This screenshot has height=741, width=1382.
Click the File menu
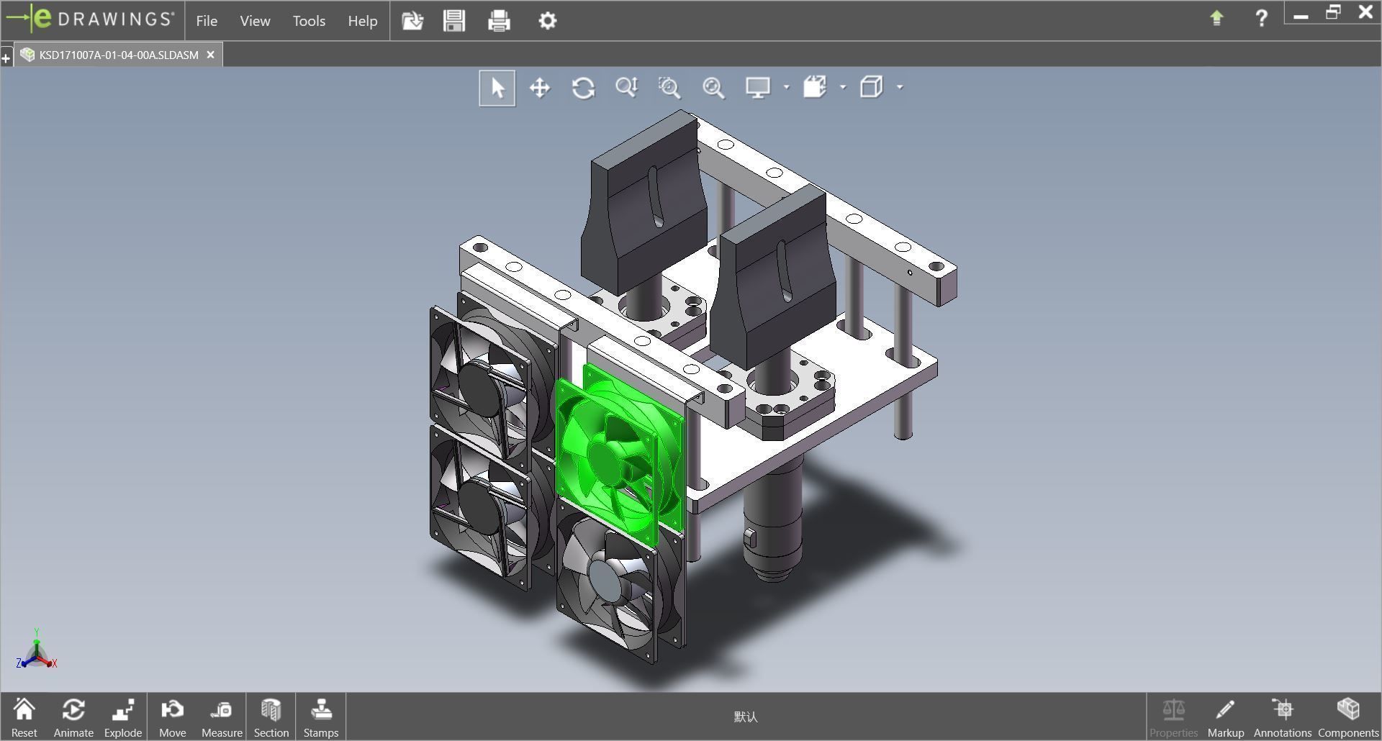tap(207, 21)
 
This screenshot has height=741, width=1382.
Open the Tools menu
tap(309, 21)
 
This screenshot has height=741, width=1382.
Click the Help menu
tap(362, 21)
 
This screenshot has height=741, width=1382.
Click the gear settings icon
tap(547, 21)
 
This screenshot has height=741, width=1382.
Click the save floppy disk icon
tap(454, 21)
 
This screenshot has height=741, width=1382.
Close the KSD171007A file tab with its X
tap(210, 55)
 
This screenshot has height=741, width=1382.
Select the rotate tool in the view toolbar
tap(583, 88)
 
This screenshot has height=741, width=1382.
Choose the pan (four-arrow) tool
tap(540, 88)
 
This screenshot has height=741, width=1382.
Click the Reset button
tap(24, 717)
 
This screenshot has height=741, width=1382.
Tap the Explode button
tap(123, 717)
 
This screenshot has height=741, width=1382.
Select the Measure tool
tap(222, 717)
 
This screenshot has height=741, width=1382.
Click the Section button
tap(271, 717)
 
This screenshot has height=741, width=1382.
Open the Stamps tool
tap(320, 717)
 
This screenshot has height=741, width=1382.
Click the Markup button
tap(1225, 717)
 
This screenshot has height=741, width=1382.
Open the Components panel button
tap(1347, 717)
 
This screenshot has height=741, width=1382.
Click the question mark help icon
tap(1261, 18)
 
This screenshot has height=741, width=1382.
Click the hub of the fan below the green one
tap(606, 579)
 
